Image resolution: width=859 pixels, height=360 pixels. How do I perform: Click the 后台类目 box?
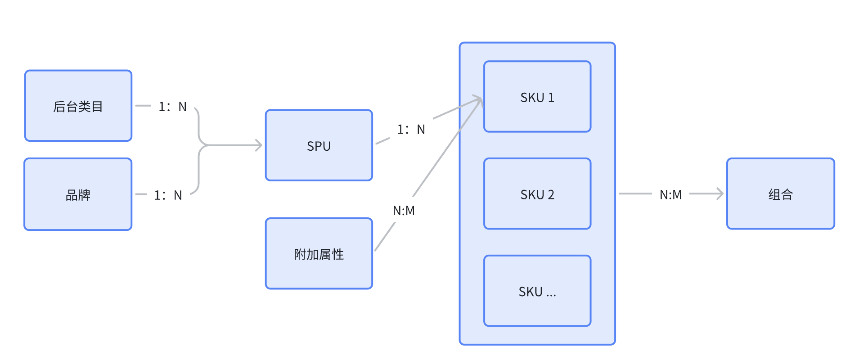coord(78,106)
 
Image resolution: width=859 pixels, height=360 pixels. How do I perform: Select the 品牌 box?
coord(78,194)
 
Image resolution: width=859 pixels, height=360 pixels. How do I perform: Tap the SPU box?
coord(319,145)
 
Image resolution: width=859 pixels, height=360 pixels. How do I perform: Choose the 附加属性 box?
coord(319,254)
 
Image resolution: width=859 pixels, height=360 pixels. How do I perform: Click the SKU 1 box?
coord(537,97)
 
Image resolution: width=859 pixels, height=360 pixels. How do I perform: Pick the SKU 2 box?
coord(537,194)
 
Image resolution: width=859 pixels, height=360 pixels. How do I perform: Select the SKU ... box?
coord(537,291)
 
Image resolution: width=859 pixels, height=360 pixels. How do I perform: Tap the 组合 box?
coord(781,194)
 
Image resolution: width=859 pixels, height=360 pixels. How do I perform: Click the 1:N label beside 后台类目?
coord(172,107)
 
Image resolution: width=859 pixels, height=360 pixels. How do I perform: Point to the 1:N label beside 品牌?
coord(168,195)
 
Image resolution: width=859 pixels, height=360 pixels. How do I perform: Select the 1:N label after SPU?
coord(411,130)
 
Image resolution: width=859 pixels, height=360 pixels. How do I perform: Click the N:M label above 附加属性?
coord(404,211)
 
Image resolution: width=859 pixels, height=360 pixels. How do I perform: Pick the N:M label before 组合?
coord(670,195)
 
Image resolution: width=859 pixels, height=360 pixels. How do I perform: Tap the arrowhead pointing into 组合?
coord(720,194)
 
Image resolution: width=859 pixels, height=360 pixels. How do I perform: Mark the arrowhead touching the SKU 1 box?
coord(478,100)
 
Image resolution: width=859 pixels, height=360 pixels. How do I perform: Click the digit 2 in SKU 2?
coord(551,194)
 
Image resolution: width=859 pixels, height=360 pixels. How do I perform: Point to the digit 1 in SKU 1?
coord(551,97)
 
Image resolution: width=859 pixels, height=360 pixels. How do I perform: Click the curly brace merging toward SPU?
coord(199,145)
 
